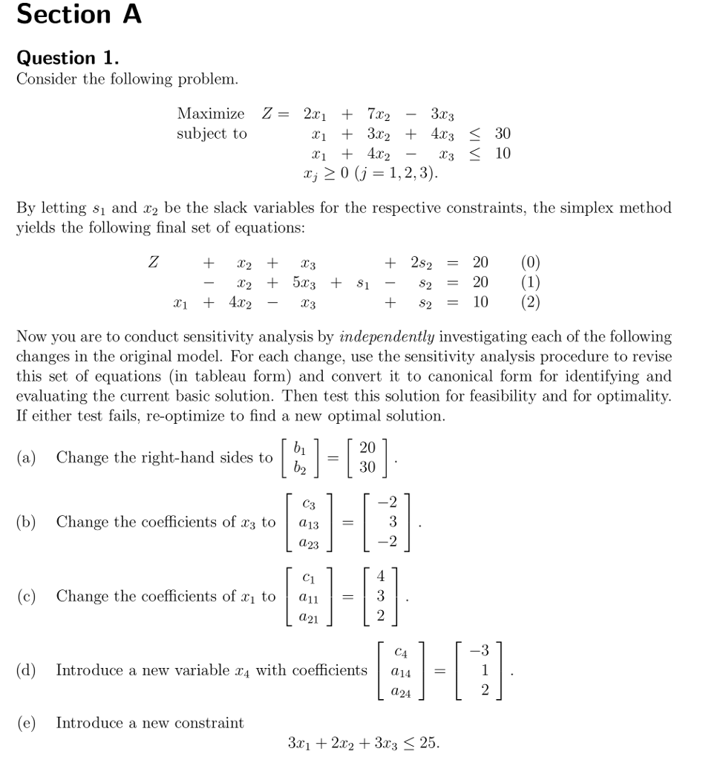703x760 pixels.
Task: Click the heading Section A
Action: [x=79, y=14]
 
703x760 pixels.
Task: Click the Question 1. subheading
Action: [x=67, y=58]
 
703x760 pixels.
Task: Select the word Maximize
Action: [x=210, y=114]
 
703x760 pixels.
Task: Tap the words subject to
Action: [x=212, y=134]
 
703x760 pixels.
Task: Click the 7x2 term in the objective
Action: [x=379, y=115]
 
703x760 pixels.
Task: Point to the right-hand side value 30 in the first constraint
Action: [x=503, y=134]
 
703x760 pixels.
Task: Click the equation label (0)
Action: [x=531, y=262]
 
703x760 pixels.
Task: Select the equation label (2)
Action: [x=531, y=302]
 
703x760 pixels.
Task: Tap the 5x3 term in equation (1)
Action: [x=305, y=282]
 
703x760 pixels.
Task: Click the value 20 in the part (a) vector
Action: [x=367, y=448]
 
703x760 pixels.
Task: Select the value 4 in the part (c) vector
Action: [x=381, y=577]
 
